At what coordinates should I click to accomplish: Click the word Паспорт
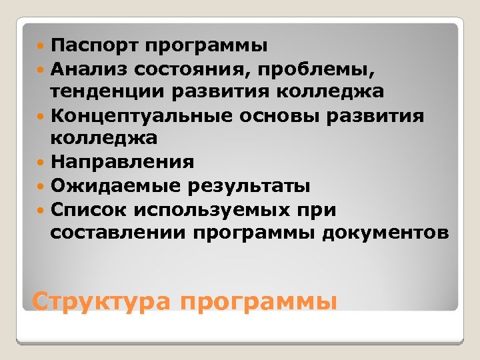[93, 46]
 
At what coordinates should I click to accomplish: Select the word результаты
[248, 186]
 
